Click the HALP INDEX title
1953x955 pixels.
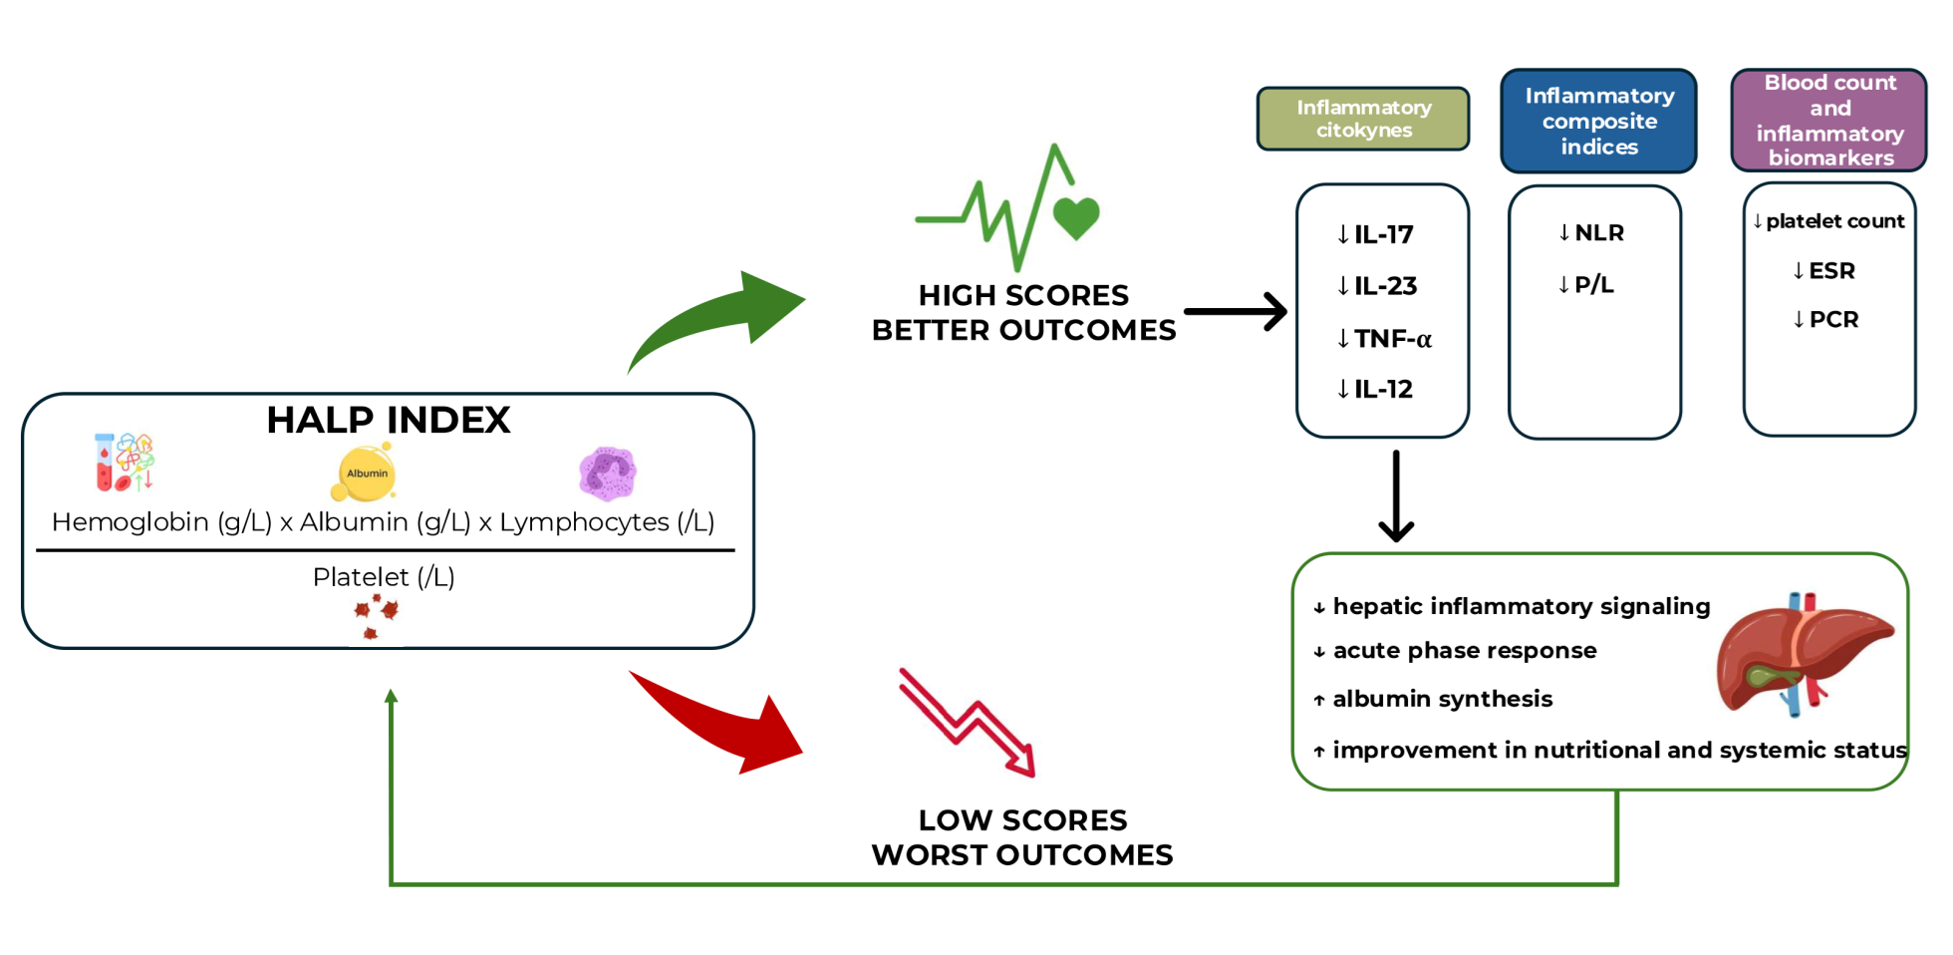[x=389, y=420]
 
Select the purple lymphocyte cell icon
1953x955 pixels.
[x=608, y=473]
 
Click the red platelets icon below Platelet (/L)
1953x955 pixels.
[x=376, y=616]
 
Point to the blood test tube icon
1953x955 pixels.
[x=125, y=462]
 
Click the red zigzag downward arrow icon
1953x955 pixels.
[x=968, y=723]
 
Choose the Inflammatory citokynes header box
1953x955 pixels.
[x=1363, y=119]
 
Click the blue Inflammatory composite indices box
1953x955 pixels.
[x=1599, y=121]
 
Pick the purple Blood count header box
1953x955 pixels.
[x=1829, y=120]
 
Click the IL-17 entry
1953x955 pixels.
[x=1375, y=234]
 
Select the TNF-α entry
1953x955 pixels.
[x=1384, y=339]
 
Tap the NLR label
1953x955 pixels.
[x=1591, y=232]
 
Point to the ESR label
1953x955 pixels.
[x=1823, y=270]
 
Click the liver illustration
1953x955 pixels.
[x=1805, y=653]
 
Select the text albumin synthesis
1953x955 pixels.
[x=1443, y=699]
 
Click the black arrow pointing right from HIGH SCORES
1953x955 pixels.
[x=1236, y=312]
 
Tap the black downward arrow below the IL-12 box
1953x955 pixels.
[x=1396, y=496]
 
